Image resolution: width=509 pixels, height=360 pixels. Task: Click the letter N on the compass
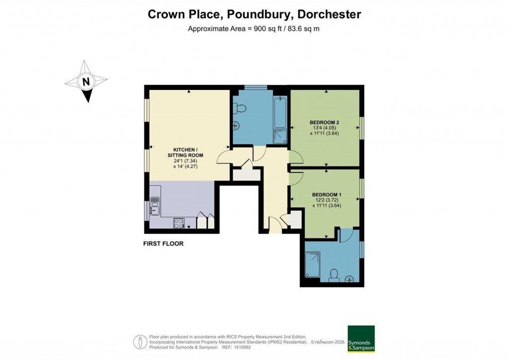(x=86, y=82)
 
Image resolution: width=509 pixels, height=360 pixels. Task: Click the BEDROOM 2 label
(x=324, y=122)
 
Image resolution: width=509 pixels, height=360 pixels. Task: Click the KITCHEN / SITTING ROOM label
(x=188, y=153)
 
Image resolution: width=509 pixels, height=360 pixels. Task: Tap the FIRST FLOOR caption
(x=163, y=244)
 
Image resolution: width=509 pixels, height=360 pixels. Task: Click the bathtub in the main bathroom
(x=279, y=111)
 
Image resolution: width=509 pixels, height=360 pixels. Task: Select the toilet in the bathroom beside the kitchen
(x=240, y=108)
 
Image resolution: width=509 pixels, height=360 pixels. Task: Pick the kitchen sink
(x=155, y=208)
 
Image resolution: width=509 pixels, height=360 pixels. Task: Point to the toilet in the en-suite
(x=334, y=274)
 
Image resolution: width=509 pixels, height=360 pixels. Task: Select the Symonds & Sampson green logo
(x=360, y=339)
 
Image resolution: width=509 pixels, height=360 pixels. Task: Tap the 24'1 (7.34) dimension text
(x=188, y=161)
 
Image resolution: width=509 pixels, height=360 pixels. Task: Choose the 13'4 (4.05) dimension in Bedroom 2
(x=324, y=128)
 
